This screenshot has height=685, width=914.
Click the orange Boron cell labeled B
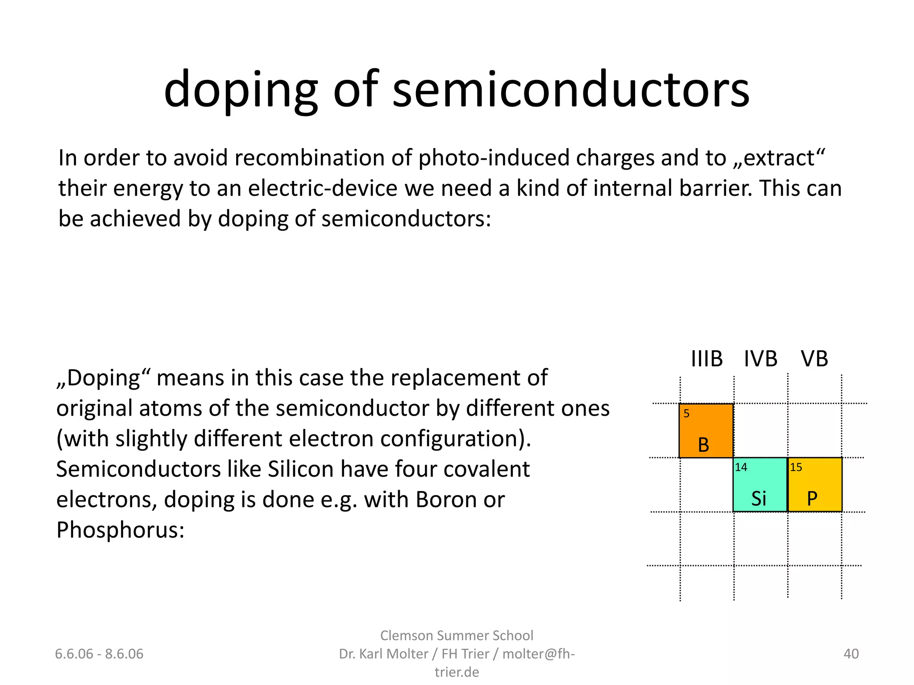pos(706,431)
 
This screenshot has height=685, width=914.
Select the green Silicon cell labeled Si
pos(760,485)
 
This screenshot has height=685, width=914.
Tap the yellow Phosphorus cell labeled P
pos(815,485)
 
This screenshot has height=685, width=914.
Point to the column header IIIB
pos(706,359)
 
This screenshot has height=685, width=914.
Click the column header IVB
pos(760,359)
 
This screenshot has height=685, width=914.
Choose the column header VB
pos(814,359)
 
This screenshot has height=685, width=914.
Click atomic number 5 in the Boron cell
pos(686,414)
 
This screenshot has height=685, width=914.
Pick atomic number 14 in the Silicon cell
pos(741,467)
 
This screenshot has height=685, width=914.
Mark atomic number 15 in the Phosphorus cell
pos(796,467)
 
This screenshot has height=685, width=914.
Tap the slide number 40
pos(851,654)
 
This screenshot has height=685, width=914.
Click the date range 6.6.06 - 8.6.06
pos(99,654)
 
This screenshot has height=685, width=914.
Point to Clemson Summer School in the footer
pos(457,635)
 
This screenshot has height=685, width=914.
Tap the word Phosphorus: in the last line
pos(120,530)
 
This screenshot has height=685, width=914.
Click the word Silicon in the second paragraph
pos(301,469)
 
